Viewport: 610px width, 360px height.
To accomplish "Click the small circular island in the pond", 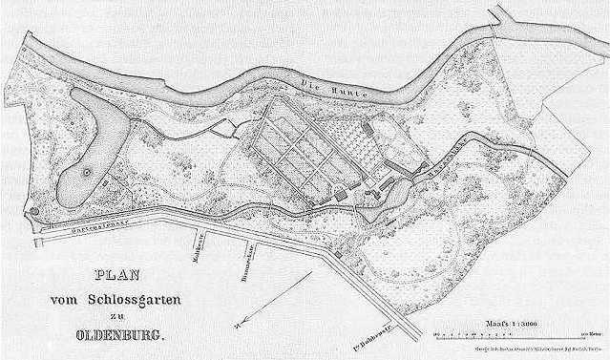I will pos(87,173).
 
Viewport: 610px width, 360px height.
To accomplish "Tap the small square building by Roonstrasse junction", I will pos(337,255).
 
